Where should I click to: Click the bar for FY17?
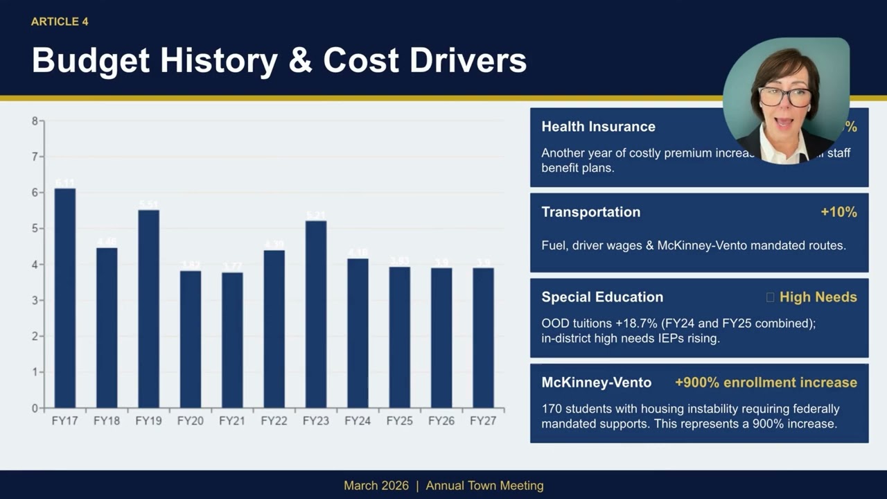pos(65,298)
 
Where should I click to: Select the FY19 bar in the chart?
pos(148,308)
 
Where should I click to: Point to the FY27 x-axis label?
pos(483,421)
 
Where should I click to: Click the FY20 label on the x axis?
pos(190,421)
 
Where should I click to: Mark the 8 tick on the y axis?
pos(35,121)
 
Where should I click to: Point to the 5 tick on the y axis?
pos(35,229)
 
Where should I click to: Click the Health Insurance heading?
pos(598,127)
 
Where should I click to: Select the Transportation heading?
pos(590,212)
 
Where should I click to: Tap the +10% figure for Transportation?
pos(838,212)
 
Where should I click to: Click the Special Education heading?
pos(602,297)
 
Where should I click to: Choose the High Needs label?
pos(818,297)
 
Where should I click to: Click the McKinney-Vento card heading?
pos(596,383)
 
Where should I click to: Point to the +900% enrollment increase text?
pos(766,383)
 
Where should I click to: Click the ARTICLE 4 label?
pos(60,21)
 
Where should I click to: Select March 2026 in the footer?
pos(376,486)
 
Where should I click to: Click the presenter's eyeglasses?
pos(785,96)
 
